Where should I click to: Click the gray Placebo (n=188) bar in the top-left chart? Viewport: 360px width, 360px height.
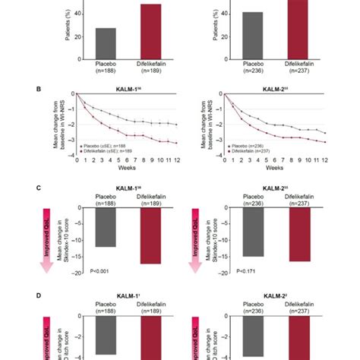106,43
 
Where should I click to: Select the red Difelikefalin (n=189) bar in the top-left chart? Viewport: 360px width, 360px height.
150,30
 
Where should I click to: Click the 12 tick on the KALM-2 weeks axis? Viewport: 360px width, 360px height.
324,160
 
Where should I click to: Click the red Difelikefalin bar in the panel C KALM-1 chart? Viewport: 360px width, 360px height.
150,235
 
